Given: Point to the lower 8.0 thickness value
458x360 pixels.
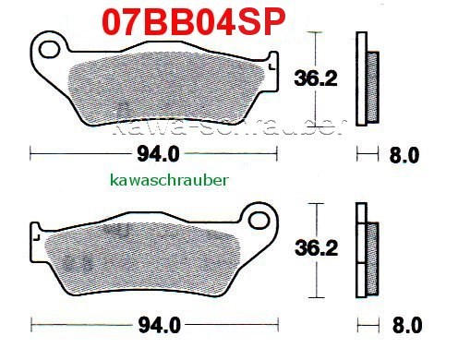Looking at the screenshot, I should pyautogui.click(x=406, y=325).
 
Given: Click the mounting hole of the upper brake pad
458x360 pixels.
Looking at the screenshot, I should pyautogui.click(x=52, y=46).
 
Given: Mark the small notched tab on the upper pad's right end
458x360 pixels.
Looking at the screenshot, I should pyautogui.click(x=270, y=64).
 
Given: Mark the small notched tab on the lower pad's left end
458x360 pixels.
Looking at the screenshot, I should pyautogui.click(x=37, y=234).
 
